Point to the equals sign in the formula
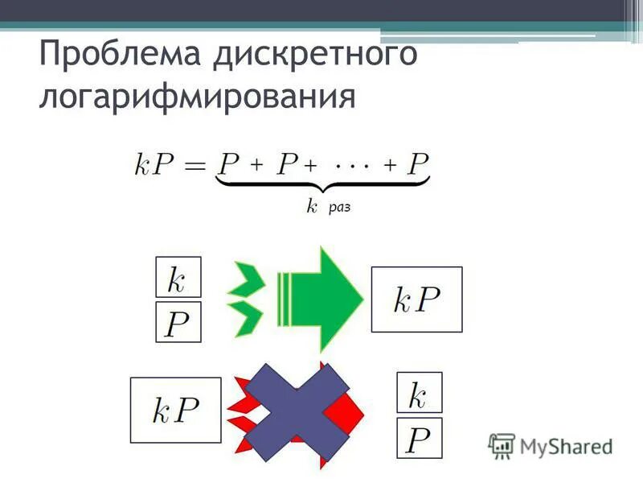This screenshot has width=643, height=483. coord(197,167)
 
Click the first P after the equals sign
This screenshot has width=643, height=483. coord(229,166)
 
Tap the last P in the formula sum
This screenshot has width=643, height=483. coord(417,166)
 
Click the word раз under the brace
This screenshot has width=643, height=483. coord(339,208)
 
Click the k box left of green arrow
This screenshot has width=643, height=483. coord(178,279)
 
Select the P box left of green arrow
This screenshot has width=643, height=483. coord(178,324)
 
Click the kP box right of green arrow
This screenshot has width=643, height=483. coord(416,299)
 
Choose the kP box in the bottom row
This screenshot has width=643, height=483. coord(175,410)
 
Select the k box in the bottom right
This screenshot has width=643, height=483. coord(419,394)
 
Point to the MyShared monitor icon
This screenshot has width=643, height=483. coord(502,444)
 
